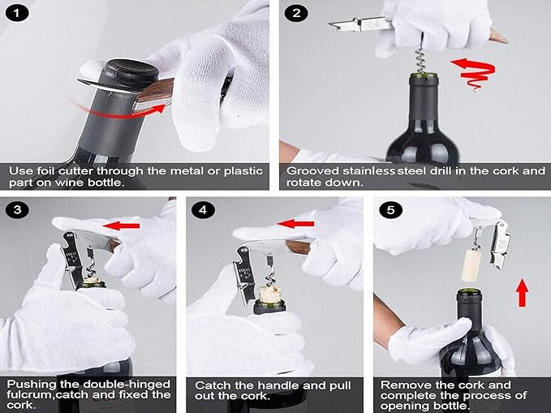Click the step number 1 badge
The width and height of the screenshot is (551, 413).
tap(17, 14)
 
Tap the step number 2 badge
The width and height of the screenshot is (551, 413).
tap(298, 14)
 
